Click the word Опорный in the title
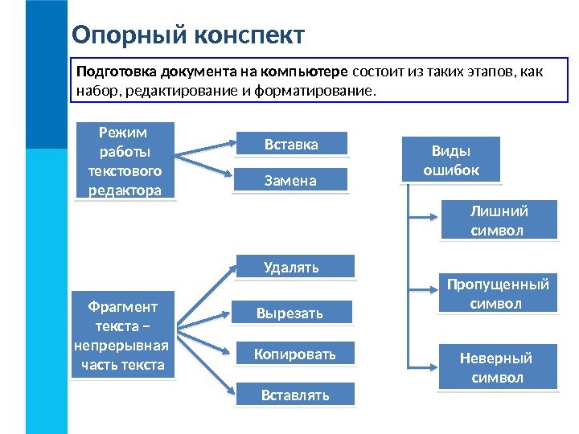point(127,35)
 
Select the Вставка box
point(291,145)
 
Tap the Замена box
point(291,181)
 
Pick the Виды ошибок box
point(450,160)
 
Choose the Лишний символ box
point(498,221)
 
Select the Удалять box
point(294,267)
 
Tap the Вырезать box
point(291,313)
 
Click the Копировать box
point(295,353)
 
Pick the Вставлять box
point(294,395)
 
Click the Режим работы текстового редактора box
point(125,160)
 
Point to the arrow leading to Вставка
point(206,149)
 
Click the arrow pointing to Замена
point(206,170)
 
